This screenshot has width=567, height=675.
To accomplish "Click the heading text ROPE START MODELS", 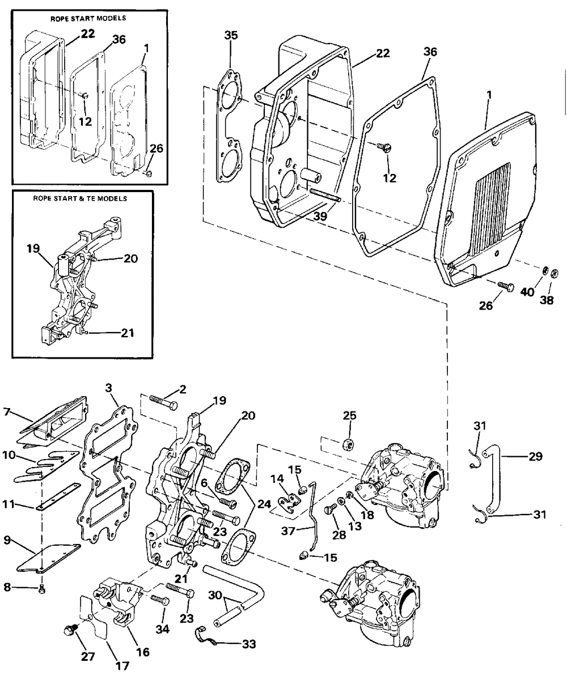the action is (88, 19).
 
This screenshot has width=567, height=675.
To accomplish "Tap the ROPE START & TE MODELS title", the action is (80, 198).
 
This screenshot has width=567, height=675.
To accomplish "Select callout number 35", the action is (231, 35).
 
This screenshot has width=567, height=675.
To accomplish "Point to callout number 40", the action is (527, 291).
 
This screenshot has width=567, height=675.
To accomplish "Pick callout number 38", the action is (547, 300).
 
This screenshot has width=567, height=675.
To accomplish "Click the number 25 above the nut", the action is (350, 415).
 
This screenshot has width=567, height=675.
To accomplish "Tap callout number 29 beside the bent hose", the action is (536, 456).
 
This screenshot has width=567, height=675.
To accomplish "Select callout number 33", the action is (249, 644).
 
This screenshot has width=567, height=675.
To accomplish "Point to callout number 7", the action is (6, 412).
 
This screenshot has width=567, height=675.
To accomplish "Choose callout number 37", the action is (289, 531).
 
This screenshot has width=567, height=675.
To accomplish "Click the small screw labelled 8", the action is (42, 590).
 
